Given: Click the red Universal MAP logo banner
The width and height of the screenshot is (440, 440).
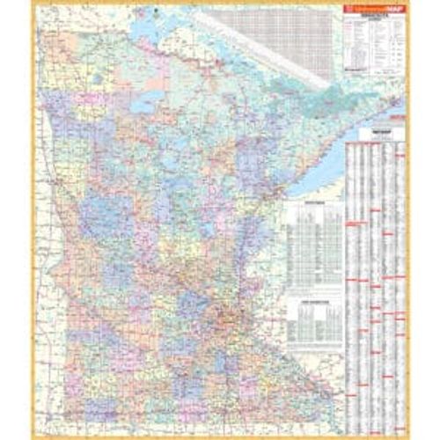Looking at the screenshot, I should click(x=370, y=11).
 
